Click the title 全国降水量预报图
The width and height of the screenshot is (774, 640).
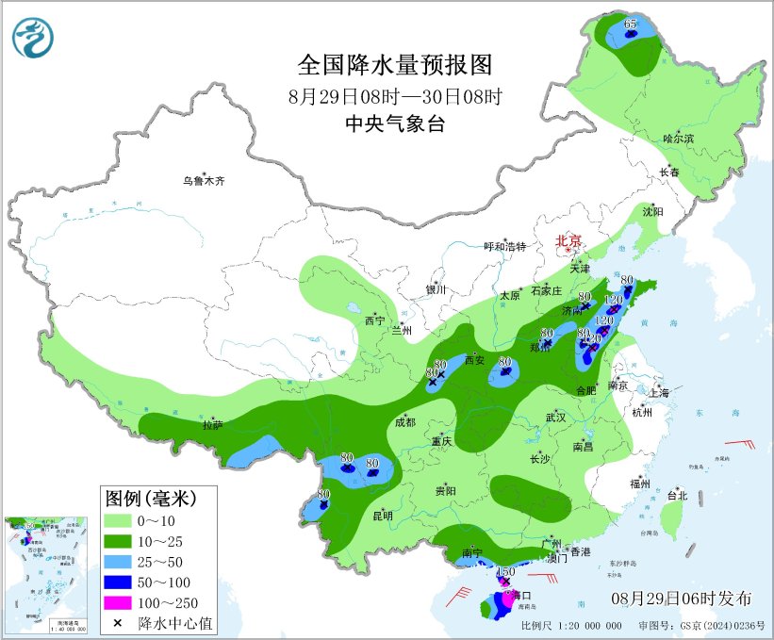(395, 65)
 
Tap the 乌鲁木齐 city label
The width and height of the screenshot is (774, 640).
(205, 180)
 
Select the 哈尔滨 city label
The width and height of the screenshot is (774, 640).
(677, 139)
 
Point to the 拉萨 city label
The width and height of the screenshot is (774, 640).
(212, 426)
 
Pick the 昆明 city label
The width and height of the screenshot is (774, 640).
(382, 515)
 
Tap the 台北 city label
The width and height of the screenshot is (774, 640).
(677, 495)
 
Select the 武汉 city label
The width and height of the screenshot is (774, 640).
(554, 417)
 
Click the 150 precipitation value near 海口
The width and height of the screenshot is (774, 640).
(504, 572)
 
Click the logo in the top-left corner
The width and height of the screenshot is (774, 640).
(33, 37)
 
